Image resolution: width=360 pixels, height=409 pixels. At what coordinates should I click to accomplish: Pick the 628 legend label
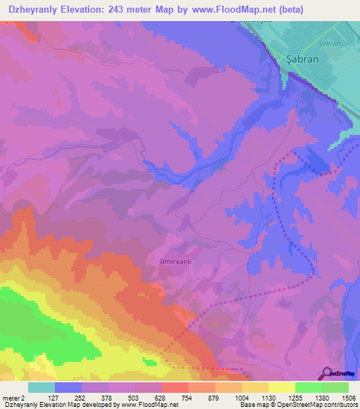(162, 397)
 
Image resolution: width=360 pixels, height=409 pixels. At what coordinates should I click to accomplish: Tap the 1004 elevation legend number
(242, 397)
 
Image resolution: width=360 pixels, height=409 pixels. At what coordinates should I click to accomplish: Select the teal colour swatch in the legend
(41, 387)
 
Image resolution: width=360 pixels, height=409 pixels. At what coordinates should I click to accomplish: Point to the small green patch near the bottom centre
(149, 362)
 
